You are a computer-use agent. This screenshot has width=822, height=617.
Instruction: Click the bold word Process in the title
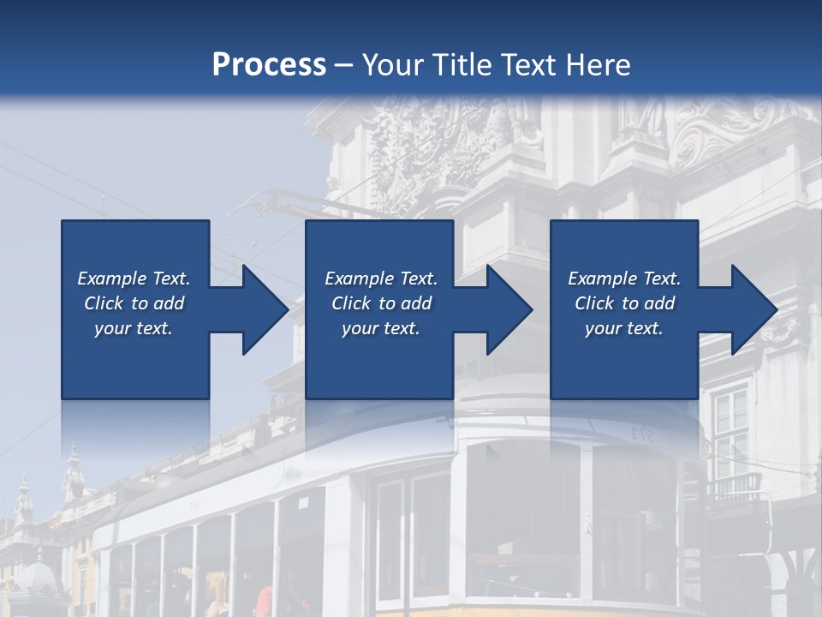click(269, 64)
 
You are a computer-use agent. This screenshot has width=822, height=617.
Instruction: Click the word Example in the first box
click(111, 279)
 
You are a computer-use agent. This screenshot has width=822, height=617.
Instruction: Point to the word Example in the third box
click(602, 279)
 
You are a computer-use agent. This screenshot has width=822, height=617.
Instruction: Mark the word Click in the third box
click(593, 303)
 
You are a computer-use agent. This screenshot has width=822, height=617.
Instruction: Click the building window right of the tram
click(730, 428)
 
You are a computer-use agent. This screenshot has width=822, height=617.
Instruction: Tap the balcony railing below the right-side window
click(732, 488)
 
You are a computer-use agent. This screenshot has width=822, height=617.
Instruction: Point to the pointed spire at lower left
click(74, 467)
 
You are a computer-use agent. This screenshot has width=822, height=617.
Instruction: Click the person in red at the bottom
click(265, 602)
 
